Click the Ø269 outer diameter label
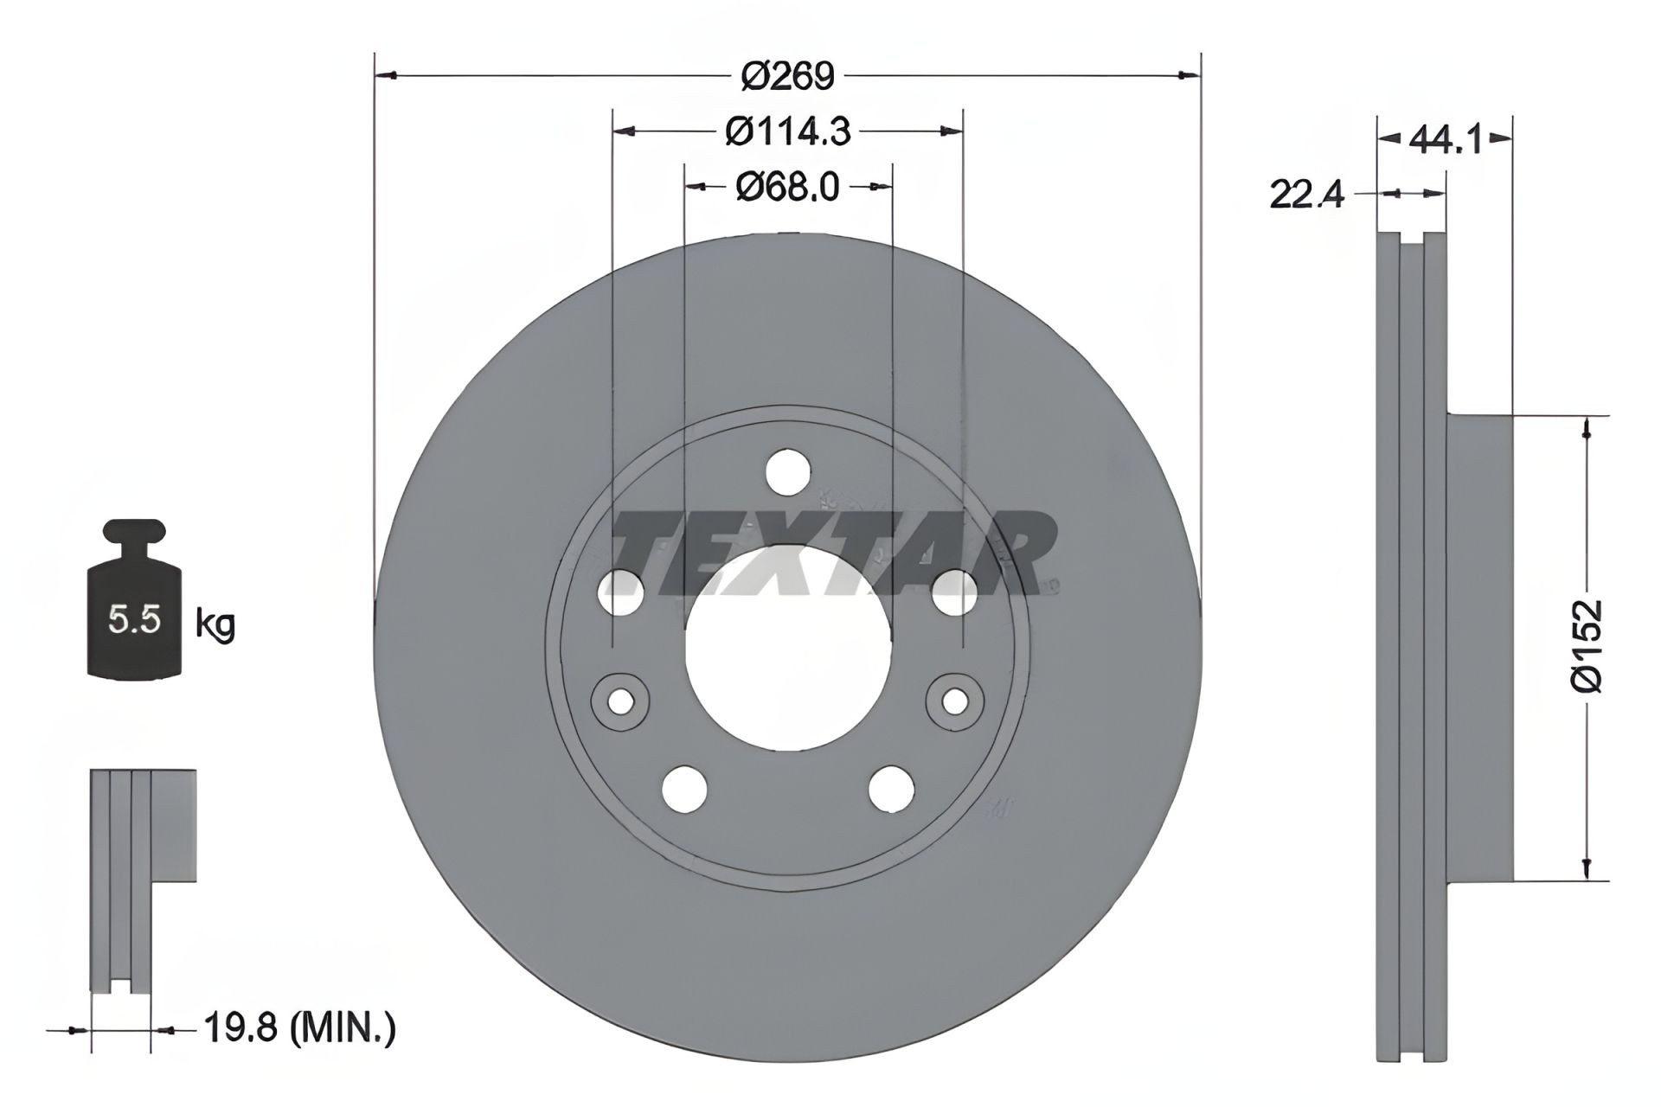click(787, 77)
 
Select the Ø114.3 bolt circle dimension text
click(787, 131)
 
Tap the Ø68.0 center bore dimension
click(787, 187)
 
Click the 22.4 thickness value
click(1306, 195)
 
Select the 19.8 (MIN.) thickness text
click(299, 1028)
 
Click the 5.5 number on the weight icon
click(134, 619)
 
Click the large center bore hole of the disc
click(788, 649)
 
